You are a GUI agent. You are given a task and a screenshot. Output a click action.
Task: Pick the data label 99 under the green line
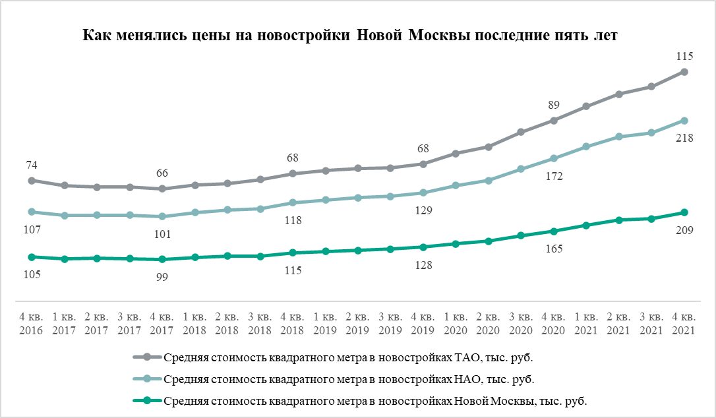162,277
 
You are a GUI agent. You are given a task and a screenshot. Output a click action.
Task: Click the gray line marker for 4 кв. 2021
684,72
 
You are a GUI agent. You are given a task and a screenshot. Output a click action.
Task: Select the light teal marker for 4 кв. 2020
554,158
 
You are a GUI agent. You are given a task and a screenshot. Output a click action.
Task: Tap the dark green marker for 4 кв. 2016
32,256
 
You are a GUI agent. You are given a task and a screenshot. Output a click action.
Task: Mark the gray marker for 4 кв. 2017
162,189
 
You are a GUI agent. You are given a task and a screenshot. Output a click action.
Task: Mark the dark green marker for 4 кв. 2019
423,247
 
